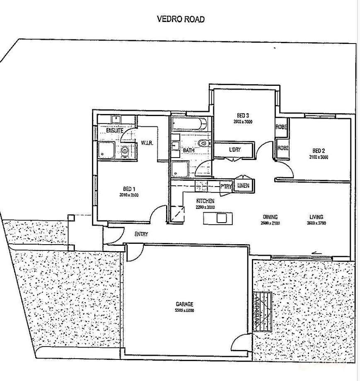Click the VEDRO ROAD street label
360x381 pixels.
coord(181,19)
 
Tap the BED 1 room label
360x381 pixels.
coord(126,188)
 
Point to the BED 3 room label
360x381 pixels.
coord(243,115)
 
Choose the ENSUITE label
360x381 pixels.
coord(115,131)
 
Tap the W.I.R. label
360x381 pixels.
coord(147,143)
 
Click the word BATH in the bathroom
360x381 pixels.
coord(189,150)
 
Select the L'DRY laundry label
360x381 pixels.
coord(235,149)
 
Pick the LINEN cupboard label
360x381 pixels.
coord(243,186)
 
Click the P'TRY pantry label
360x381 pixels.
coord(226,187)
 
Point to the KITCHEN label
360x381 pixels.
coord(205,201)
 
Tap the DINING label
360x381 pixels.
coord(270,217)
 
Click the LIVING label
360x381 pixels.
coord(317,217)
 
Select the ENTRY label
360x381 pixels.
coord(141,234)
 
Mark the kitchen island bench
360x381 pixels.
coord(218,218)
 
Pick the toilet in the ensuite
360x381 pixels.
coord(125,151)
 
